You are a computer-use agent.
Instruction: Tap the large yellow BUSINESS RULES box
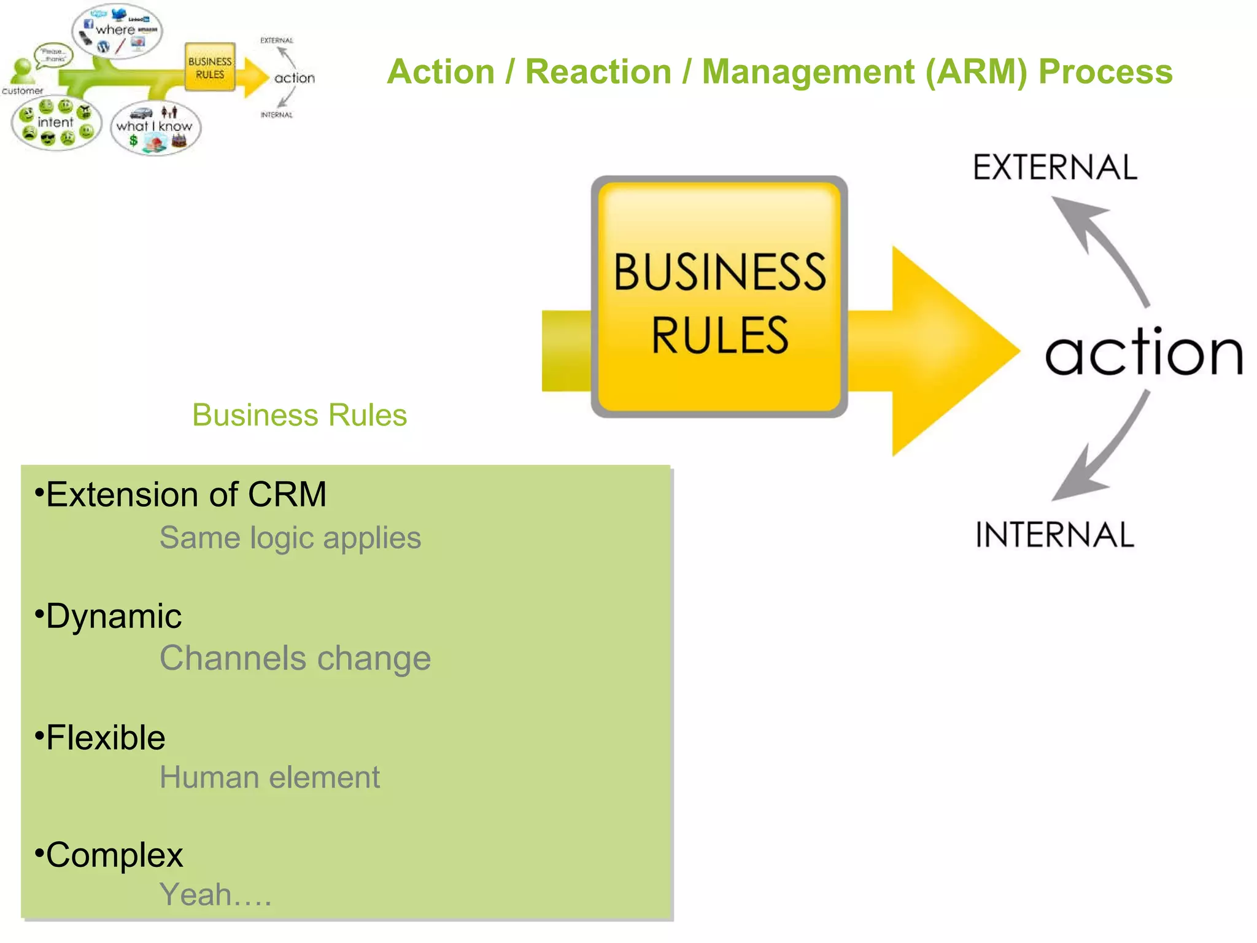719,297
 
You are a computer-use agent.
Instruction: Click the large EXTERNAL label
1055,168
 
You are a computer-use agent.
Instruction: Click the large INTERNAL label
1054,535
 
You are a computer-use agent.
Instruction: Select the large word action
1143,352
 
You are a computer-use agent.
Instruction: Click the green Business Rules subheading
300,415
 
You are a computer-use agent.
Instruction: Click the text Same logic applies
290,538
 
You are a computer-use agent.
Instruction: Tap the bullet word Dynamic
114,616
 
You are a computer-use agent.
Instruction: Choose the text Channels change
295,658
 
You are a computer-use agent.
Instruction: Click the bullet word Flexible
106,737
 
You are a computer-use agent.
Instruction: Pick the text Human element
269,777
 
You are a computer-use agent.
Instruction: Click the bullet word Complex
114,855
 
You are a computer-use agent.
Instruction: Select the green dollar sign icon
133,141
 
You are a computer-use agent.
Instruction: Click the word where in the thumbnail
115,29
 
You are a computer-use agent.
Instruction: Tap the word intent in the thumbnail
55,122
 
